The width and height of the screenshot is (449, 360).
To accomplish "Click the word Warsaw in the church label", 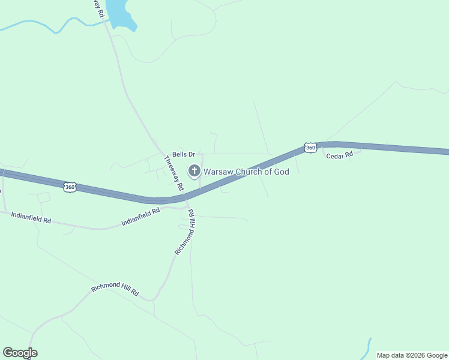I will click(x=218, y=172).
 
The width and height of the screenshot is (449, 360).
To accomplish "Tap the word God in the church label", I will click(x=282, y=172).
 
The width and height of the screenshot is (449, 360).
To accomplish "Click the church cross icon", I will click(x=194, y=172).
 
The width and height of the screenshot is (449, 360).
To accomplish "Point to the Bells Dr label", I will click(x=184, y=155).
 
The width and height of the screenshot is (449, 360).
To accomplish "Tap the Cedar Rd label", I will click(x=340, y=156).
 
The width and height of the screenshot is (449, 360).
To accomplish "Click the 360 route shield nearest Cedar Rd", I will click(x=310, y=148).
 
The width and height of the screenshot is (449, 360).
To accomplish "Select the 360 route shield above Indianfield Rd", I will click(x=70, y=187).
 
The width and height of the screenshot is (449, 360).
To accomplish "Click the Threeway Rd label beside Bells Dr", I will click(x=174, y=173).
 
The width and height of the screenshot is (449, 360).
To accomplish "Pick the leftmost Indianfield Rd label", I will click(x=31, y=219).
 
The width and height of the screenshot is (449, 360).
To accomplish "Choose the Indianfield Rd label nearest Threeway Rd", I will click(x=141, y=217).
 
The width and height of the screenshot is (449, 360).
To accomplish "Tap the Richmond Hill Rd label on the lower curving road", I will click(x=115, y=290).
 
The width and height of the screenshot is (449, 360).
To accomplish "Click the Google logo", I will click(x=20, y=353).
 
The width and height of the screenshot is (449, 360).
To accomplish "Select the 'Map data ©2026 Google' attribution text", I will click(x=412, y=355).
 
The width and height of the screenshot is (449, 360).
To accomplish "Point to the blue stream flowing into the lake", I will click(x=54, y=26).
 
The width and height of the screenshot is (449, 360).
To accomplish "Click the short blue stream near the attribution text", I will click(x=367, y=347).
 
